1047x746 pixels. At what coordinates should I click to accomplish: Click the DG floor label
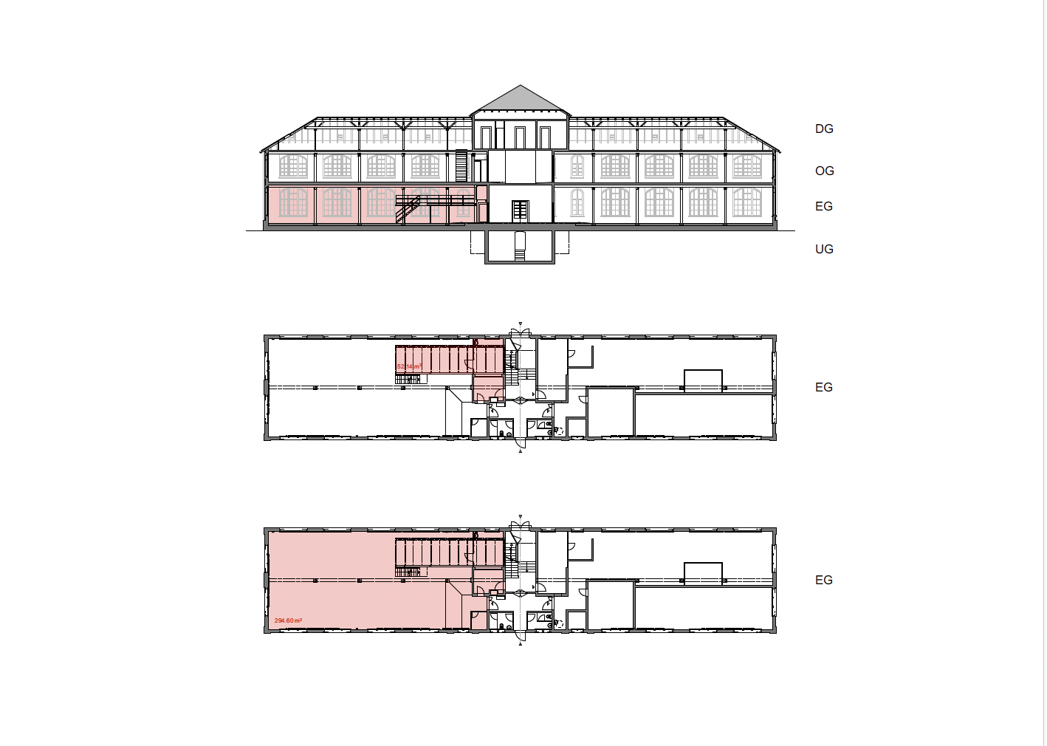[x=824, y=129]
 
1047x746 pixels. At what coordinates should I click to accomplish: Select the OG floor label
[x=824, y=171]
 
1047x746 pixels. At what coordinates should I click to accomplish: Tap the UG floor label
[x=824, y=249]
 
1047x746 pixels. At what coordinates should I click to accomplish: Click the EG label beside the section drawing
[x=824, y=206]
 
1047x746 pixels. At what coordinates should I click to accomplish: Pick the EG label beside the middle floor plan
[x=824, y=387]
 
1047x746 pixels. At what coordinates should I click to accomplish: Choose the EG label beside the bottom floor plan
[x=824, y=580]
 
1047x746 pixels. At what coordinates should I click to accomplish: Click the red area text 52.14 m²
[x=408, y=366]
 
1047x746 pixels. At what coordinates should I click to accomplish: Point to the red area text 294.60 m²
[x=288, y=620]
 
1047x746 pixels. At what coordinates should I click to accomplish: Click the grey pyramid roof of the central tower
[x=521, y=100]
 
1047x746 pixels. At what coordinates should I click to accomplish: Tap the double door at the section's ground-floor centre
[x=521, y=211]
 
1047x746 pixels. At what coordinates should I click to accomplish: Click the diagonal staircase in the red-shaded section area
[x=408, y=210]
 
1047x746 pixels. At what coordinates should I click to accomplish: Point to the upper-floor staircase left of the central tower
[x=461, y=166]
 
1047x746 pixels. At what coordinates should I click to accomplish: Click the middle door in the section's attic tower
[x=521, y=137]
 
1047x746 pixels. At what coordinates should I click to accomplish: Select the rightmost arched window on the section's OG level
[x=746, y=166]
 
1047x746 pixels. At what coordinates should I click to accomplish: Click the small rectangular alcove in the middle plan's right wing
[x=703, y=380]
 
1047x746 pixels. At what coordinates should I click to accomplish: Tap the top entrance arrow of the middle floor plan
[x=521, y=324]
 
